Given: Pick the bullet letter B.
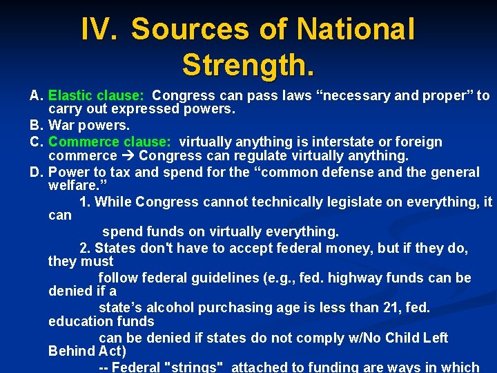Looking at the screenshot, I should click(37, 126).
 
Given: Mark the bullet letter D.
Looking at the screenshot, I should click(37, 172).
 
